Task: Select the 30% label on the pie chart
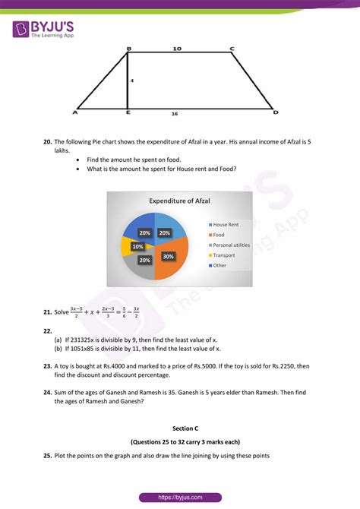[x=168, y=257]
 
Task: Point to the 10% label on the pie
[x=137, y=247]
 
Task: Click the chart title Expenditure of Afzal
[x=179, y=201]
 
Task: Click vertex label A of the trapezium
[x=75, y=112]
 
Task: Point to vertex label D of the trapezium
[x=276, y=112]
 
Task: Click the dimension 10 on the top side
[x=177, y=49]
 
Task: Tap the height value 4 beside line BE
[x=131, y=80]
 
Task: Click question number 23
[x=47, y=365]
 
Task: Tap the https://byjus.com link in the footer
[x=179, y=497]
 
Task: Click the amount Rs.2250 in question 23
[x=286, y=365]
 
